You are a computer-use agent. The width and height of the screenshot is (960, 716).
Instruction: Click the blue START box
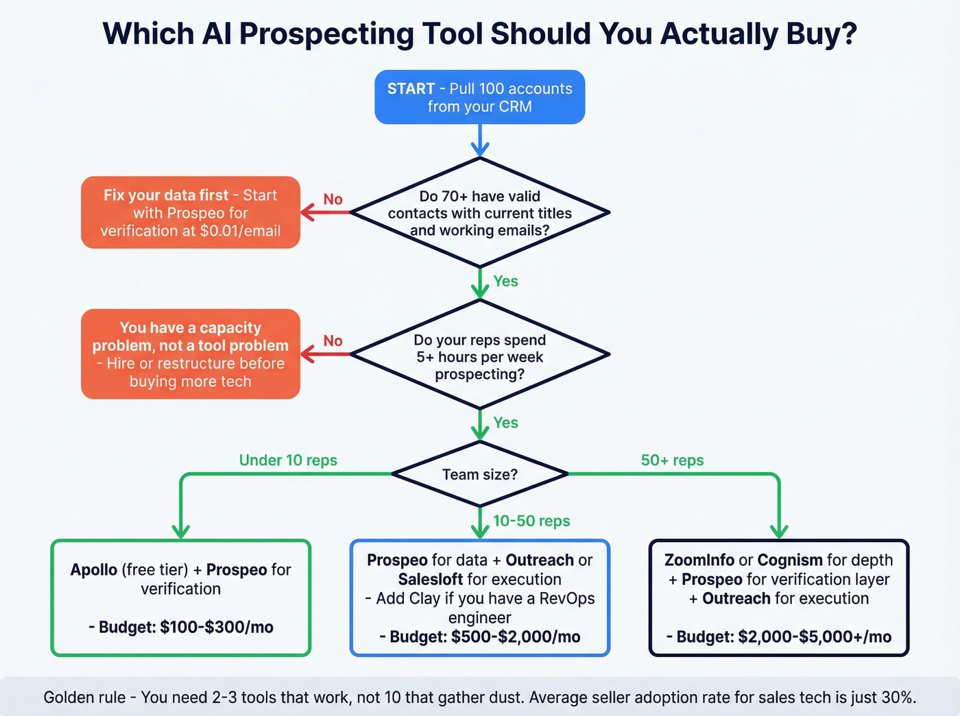(479, 97)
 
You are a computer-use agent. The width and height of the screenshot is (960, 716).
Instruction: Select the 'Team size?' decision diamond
(479, 474)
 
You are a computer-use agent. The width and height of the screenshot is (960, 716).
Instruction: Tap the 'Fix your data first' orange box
(191, 212)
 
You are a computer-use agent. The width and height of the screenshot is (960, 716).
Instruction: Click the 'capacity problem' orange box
(191, 354)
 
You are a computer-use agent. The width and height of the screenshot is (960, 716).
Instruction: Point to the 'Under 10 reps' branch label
(288, 460)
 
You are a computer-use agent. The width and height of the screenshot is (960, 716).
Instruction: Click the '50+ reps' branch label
(672, 460)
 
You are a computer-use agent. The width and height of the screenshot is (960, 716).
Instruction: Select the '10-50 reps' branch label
(531, 521)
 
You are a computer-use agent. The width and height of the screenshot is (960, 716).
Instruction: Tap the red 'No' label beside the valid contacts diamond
(333, 199)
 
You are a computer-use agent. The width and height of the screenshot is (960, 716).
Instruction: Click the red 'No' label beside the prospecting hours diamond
(333, 341)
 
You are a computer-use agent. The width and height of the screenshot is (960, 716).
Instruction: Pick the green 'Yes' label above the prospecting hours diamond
(505, 281)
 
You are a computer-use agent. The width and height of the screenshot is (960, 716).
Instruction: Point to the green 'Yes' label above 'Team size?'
(505, 423)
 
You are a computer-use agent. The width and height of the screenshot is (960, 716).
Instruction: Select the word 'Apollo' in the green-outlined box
(93, 570)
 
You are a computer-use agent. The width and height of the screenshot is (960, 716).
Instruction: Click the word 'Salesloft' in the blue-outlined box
(431, 580)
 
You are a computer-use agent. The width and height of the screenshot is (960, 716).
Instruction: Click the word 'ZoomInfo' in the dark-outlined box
(699, 560)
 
